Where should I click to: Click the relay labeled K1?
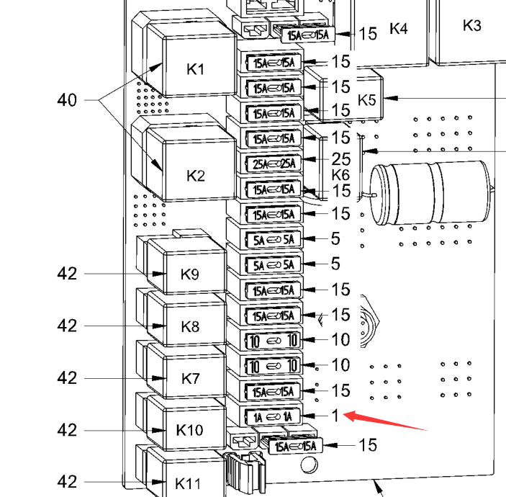[x=196, y=69]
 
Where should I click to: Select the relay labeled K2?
[x=196, y=174]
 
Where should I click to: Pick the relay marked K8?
[x=190, y=326]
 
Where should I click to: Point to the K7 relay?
[x=190, y=378]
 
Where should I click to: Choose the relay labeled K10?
[x=189, y=430]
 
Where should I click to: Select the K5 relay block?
[x=367, y=99]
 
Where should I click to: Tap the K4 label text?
[x=398, y=28]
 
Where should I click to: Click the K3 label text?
[x=471, y=25]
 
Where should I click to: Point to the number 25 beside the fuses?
[x=340, y=158]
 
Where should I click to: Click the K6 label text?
[x=340, y=175]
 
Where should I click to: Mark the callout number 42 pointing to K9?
[x=67, y=274]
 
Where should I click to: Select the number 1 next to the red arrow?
[x=335, y=416]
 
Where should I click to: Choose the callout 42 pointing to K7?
[x=67, y=378]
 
